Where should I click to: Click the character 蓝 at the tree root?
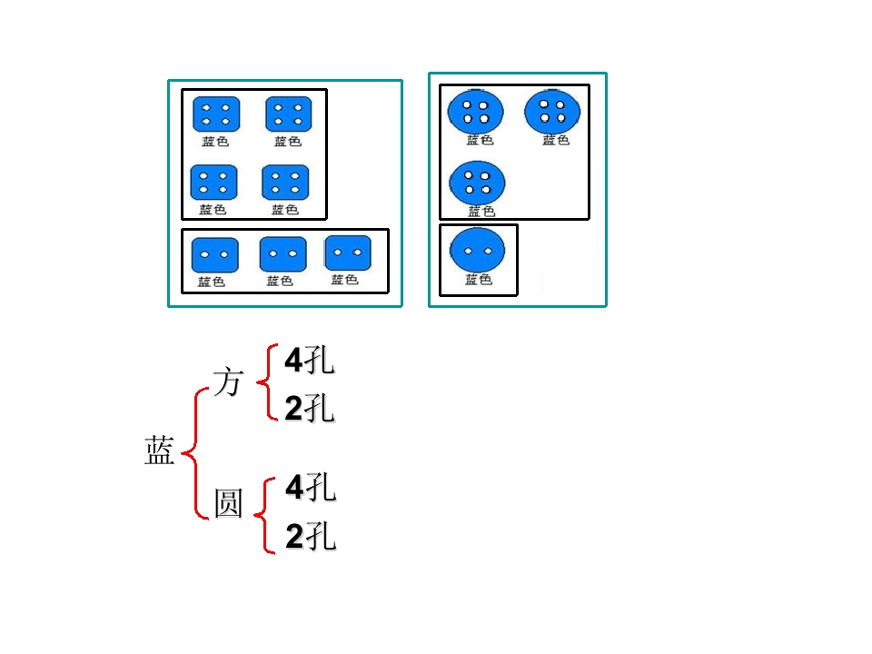tap(159, 451)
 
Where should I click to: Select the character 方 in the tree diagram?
tap(228, 381)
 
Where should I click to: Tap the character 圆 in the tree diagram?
tap(228, 502)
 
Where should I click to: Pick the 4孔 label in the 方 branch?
tap(309, 362)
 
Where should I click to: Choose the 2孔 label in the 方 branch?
tap(309, 410)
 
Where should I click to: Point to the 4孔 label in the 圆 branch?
tap(310, 489)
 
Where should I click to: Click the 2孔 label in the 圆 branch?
tap(310, 538)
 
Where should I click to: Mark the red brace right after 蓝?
tap(194, 452)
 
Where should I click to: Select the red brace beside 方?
tap(266, 383)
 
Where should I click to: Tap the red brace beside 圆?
tap(267, 514)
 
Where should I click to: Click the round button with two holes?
tap(478, 251)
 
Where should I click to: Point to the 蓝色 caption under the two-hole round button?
tap(478, 280)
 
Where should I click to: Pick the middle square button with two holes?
tap(282, 254)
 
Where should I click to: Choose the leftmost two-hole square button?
tap(215, 255)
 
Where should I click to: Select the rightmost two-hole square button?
tap(348, 253)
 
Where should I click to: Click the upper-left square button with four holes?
tap(216, 114)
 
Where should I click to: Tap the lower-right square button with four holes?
tap(285, 182)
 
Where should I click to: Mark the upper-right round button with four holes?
tap(552, 111)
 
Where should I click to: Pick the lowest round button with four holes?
tap(477, 182)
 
